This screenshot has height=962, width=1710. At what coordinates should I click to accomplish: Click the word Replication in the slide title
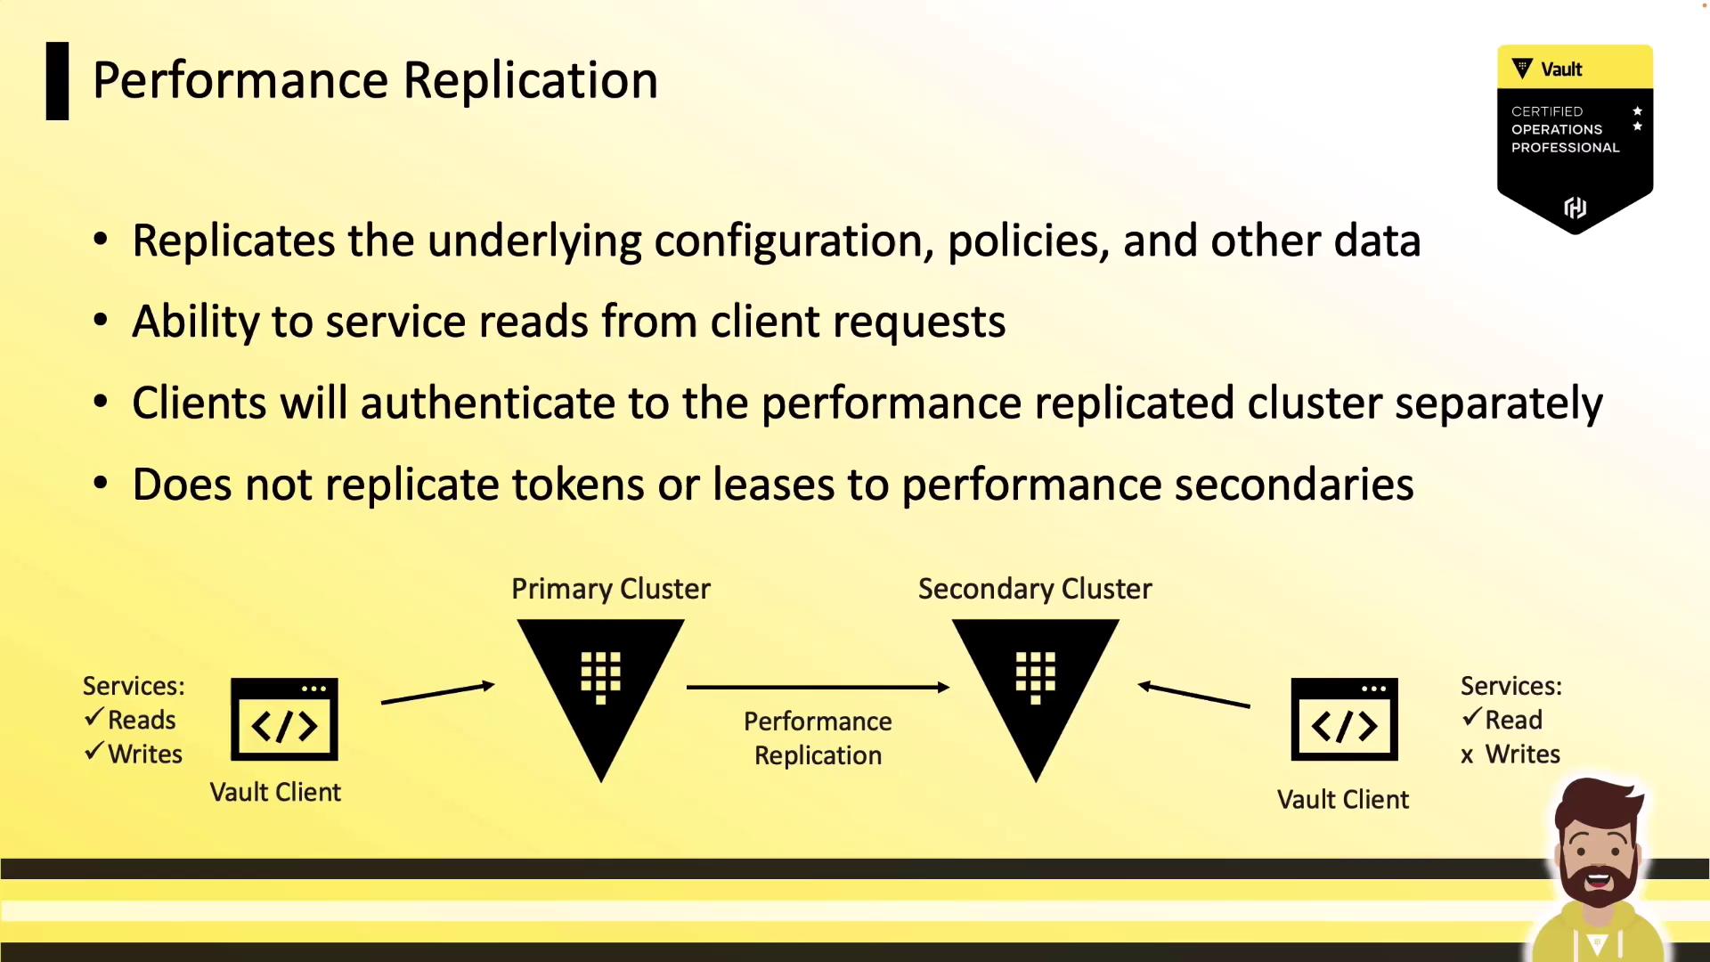tap(530, 81)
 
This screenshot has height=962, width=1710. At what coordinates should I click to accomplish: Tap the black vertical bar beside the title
tap(57, 81)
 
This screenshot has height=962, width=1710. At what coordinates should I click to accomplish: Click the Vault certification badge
tap(1575, 138)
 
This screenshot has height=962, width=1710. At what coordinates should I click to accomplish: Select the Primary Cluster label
tap(610, 589)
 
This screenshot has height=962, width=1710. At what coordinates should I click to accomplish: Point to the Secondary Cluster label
tap(1035, 589)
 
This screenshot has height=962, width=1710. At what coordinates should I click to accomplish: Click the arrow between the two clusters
tap(818, 687)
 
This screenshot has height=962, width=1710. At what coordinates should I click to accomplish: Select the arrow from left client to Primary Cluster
tap(437, 694)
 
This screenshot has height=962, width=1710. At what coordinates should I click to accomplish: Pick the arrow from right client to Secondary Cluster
tap(1194, 695)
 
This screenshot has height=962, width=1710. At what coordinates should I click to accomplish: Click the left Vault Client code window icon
tap(284, 720)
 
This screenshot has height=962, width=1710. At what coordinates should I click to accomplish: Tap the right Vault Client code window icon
tap(1344, 720)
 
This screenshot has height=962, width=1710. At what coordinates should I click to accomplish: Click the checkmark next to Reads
tap(94, 718)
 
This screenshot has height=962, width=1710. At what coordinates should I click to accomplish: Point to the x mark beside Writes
tap(1467, 756)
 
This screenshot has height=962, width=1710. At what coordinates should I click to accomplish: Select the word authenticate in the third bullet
tap(487, 404)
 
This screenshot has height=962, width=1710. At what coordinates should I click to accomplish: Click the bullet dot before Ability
tap(101, 321)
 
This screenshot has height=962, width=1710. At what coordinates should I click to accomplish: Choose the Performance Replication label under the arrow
tap(818, 738)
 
